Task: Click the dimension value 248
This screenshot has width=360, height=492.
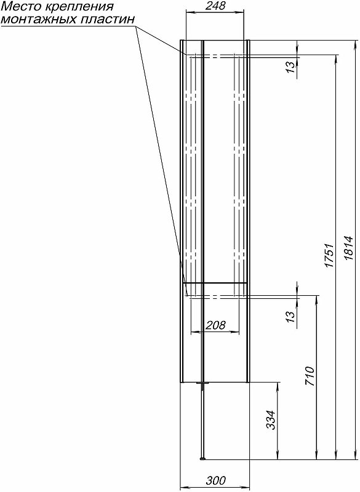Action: tap(215, 6)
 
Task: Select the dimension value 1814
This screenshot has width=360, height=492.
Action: tap(349, 248)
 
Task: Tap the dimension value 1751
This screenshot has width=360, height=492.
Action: tap(329, 255)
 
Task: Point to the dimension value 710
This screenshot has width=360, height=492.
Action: tap(309, 376)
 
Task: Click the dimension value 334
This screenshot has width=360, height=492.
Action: tap(271, 420)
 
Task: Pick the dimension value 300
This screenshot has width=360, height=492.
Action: tap(215, 480)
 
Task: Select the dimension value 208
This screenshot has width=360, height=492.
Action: tap(215, 325)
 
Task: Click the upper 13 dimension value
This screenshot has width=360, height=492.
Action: tap(291, 66)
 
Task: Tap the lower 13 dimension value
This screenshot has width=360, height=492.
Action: tap(291, 315)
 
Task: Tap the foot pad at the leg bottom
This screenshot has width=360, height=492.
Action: tap(203, 459)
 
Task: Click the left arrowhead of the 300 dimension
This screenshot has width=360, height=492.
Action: tap(183, 488)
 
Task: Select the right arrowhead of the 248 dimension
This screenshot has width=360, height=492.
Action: tap(241, 12)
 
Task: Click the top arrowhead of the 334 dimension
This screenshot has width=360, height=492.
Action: tap(278, 387)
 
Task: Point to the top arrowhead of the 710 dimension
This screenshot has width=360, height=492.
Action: tap(316, 300)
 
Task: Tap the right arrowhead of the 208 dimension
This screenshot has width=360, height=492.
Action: tap(236, 331)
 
